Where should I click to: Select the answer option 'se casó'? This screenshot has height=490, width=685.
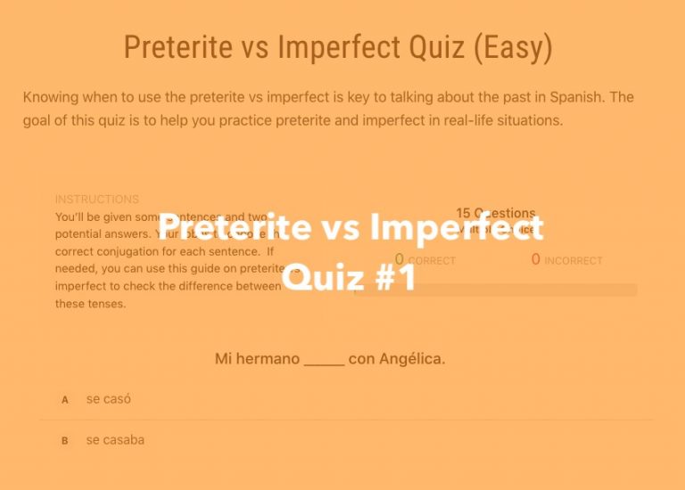(109, 399)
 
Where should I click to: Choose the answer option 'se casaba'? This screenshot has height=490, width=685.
(115, 440)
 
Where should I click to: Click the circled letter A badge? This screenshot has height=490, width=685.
(64, 400)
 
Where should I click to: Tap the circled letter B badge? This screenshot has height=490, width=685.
(64, 441)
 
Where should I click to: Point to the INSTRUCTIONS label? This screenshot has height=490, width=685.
(97, 200)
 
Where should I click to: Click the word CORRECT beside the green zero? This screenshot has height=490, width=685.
(432, 261)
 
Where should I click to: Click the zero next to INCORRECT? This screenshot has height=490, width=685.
(536, 260)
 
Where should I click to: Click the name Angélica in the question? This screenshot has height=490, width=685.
(411, 359)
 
